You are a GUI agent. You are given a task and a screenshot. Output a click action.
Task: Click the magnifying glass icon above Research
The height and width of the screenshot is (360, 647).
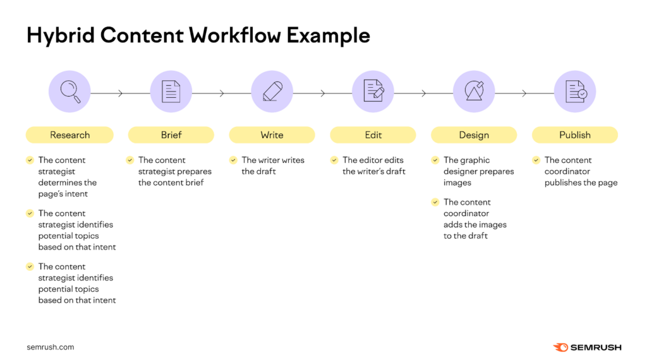(x=70, y=92)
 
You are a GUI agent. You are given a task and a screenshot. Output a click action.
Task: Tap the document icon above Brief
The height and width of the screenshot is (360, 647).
(x=171, y=92)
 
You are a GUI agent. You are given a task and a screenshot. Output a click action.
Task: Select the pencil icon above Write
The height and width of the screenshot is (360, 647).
(x=272, y=92)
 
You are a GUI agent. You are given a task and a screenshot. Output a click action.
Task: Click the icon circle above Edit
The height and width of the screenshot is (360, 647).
(x=373, y=92)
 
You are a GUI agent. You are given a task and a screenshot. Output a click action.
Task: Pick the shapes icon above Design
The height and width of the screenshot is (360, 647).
(x=474, y=92)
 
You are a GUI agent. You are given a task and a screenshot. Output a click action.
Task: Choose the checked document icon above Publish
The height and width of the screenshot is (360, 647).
(x=575, y=92)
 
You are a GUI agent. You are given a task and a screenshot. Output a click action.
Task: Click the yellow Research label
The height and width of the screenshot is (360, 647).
(x=70, y=135)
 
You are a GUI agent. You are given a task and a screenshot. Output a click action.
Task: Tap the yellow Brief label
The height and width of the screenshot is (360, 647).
(x=171, y=135)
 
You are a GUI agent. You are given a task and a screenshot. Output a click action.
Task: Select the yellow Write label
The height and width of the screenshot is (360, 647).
(x=272, y=135)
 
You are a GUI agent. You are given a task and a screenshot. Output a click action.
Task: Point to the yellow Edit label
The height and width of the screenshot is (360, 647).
(x=373, y=135)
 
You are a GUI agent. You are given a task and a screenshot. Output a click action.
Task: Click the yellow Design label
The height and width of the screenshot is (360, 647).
(x=474, y=135)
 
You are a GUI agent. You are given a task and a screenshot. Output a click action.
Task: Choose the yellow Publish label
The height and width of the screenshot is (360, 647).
(x=575, y=135)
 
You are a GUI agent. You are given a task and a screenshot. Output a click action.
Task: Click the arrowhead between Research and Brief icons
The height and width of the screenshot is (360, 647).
(x=121, y=93)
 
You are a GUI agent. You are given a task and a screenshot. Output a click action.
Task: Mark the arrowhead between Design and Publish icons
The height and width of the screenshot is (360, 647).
(x=524, y=93)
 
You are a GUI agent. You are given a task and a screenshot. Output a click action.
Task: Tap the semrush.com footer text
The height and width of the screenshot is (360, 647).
(x=51, y=347)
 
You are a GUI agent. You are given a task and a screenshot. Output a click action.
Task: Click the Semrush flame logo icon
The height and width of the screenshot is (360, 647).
(x=560, y=347)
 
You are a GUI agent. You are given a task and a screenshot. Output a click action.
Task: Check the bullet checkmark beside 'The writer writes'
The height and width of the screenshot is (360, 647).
(x=233, y=160)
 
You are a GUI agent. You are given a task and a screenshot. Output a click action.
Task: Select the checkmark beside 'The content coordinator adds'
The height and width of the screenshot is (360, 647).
(x=435, y=202)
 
